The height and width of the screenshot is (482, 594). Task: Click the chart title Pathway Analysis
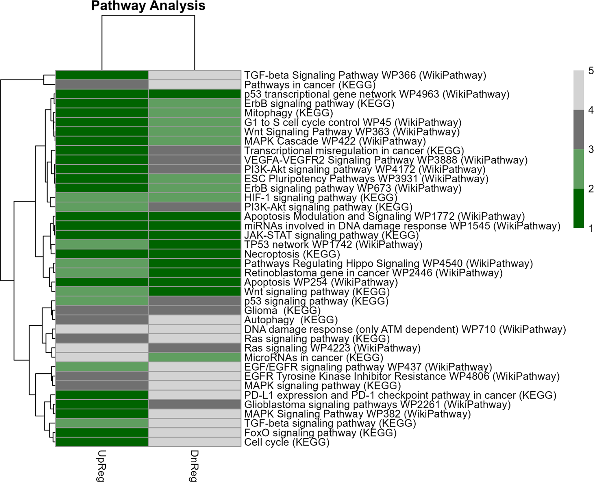click(x=148, y=6)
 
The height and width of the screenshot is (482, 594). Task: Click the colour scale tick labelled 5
click(x=591, y=71)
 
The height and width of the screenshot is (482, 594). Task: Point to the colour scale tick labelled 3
click(x=591, y=149)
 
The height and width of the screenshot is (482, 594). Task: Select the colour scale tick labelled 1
click(x=591, y=229)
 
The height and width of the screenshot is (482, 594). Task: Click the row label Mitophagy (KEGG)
click(x=288, y=113)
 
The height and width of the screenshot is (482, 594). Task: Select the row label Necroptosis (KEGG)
click(x=292, y=254)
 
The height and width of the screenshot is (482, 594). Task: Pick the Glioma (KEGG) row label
click(x=282, y=311)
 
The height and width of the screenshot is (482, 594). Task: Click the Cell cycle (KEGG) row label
click(x=287, y=442)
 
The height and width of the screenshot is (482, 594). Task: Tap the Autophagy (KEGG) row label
click(x=291, y=320)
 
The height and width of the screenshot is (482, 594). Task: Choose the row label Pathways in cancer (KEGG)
click(x=310, y=85)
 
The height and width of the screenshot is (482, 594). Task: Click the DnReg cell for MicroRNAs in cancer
click(x=195, y=357)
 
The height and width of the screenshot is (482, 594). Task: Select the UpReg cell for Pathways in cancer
click(x=102, y=85)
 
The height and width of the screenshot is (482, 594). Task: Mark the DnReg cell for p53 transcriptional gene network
click(x=195, y=94)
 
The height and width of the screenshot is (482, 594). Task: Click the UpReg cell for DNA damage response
click(x=102, y=329)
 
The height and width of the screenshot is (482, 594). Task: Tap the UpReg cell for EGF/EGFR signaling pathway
click(x=102, y=367)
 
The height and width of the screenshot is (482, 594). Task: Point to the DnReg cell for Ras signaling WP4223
click(x=195, y=348)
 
